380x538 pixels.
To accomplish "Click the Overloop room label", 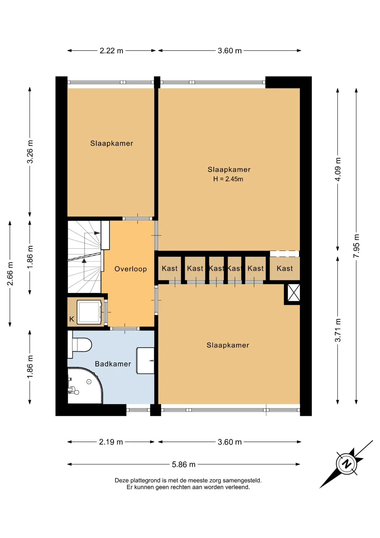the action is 131,269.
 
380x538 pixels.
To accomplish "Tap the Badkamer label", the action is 113,364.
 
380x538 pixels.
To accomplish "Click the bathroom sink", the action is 145,361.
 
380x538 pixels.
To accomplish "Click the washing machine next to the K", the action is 89,312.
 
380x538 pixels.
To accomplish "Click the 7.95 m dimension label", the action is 356,246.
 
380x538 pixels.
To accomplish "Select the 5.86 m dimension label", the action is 184,464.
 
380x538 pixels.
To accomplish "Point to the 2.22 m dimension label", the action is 111,51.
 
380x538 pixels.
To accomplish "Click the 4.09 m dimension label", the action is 338,169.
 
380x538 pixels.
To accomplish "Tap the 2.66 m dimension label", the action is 10,274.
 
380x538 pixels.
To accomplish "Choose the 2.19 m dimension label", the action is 111,442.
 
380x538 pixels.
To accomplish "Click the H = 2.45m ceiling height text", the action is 228,179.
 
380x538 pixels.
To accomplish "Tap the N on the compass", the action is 347,464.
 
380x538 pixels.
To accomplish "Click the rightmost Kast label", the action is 285,268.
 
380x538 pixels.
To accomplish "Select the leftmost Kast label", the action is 170,268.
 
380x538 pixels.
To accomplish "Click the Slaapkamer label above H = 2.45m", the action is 229,170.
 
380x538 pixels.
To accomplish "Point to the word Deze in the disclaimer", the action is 122,480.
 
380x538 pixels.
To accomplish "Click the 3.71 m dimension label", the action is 338,330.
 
